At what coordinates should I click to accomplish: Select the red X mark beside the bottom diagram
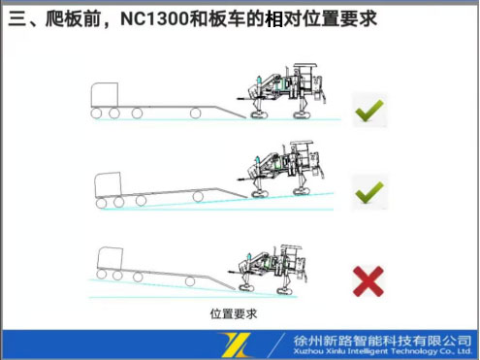(x=368, y=281)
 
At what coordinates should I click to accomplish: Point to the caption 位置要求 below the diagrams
(x=234, y=314)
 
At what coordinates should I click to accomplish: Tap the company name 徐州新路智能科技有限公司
(x=381, y=340)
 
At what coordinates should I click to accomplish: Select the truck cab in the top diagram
(x=104, y=95)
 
